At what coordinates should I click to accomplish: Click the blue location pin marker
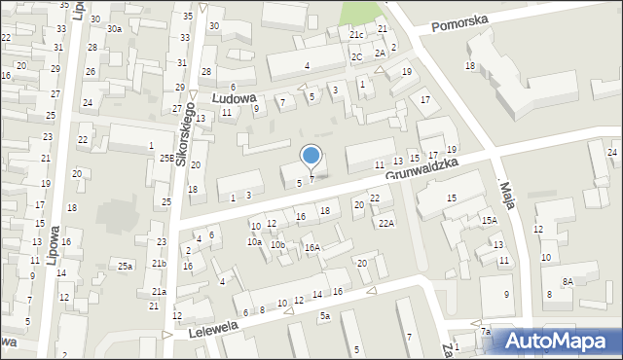(311, 156)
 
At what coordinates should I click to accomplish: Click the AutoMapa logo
(558, 341)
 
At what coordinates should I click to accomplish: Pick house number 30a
(115, 29)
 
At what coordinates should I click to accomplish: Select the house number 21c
(356, 35)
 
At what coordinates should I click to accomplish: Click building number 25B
(167, 158)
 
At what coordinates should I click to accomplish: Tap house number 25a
(125, 266)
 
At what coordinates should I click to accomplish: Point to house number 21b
(159, 264)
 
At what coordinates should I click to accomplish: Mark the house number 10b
(277, 245)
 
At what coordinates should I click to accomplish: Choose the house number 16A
(311, 248)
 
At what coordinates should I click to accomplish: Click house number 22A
(386, 224)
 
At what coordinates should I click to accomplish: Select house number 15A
(489, 221)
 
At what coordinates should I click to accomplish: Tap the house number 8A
(567, 281)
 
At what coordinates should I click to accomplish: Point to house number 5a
(325, 316)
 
